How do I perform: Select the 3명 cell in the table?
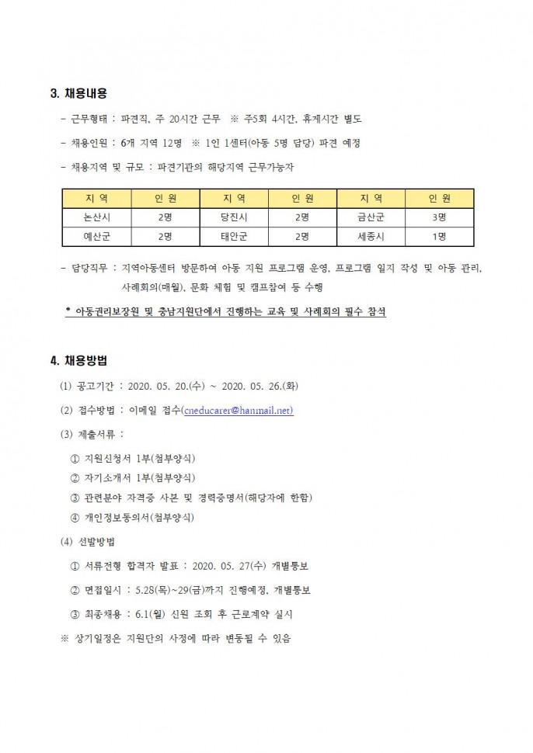pos(437,217)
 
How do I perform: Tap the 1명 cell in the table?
pos(437,236)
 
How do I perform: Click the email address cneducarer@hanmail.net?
pos(237,411)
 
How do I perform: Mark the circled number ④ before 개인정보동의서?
pos(75,517)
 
